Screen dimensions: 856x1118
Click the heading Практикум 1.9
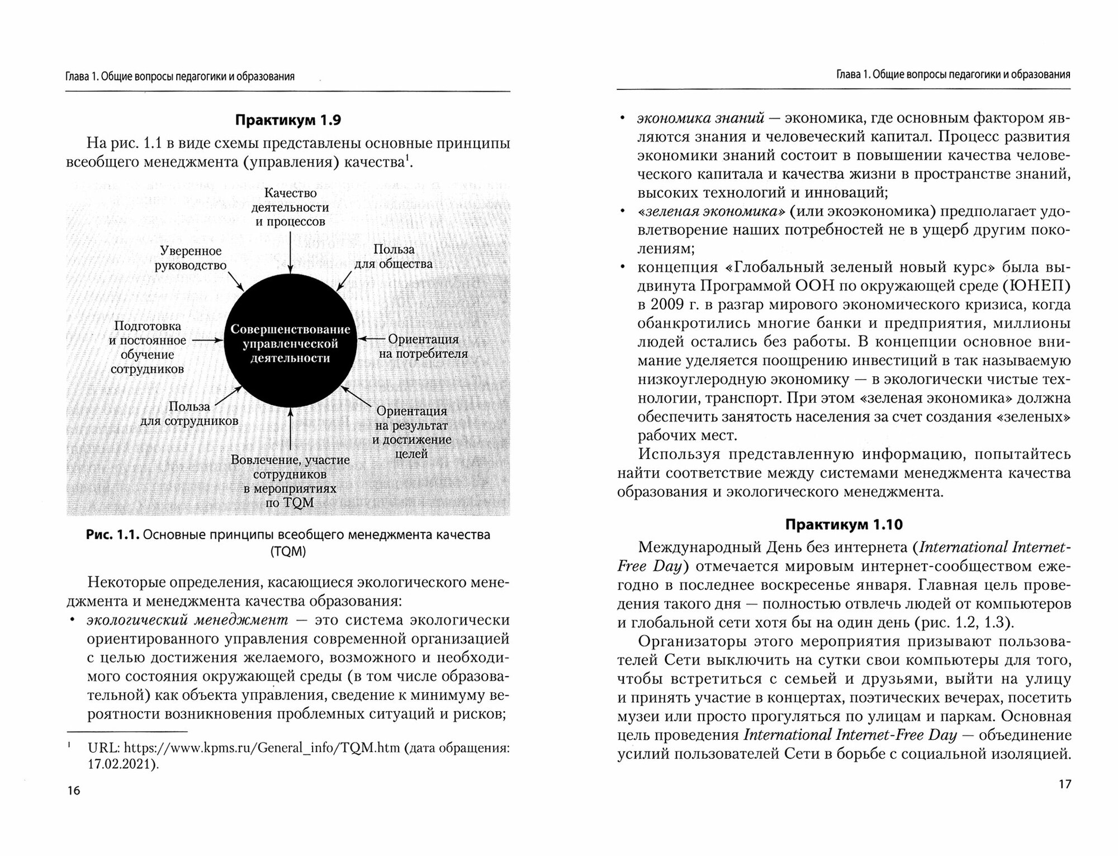[287, 120]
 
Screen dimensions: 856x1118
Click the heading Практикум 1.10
[844, 524]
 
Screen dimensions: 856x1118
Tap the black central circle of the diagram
[290, 343]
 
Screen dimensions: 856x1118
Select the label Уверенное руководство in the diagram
[191, 258]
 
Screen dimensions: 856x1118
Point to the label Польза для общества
[394, 257]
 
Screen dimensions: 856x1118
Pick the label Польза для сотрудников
[190, 414]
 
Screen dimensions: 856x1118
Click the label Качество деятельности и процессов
[290, 207]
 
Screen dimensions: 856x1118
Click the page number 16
[73, 791]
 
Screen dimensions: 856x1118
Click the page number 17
[1064, 784]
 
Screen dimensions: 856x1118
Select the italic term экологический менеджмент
[187, 620]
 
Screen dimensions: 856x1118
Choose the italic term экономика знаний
[700, 118]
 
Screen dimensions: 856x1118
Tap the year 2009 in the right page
[667, 305]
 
